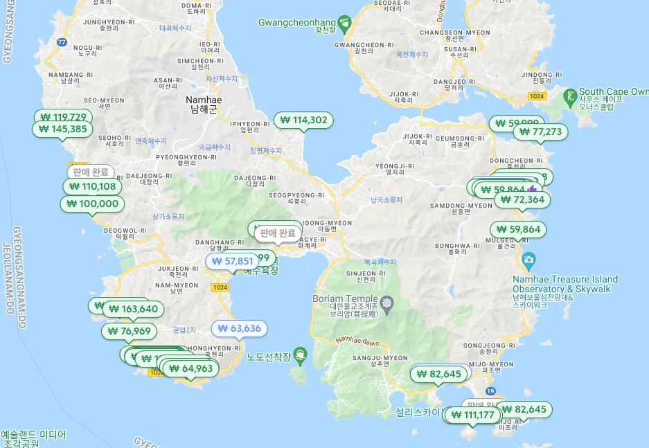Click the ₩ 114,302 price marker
click(303, 120)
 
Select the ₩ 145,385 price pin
click(62, 129)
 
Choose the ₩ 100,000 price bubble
click(93, 204)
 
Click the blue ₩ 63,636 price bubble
click(239, 328)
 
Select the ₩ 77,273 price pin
click(540, 132)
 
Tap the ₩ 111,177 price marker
click(472, 415)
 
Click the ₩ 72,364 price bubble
click(524, 199)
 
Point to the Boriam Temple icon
click(386, 303)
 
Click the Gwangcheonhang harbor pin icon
click(344, 22)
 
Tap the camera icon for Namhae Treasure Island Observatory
click(529, 262)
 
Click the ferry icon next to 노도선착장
click(300, 352)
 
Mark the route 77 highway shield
click(62, 42)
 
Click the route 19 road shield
click(490, 392)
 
